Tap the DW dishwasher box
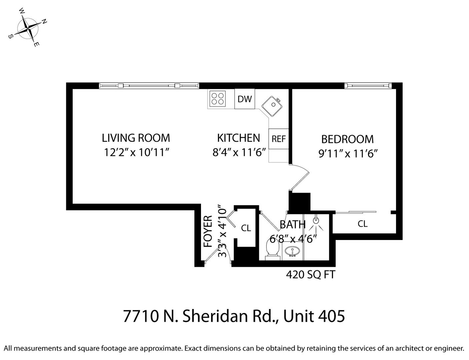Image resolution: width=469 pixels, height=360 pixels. (245, 99)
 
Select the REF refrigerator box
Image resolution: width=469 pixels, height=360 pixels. (278, 139)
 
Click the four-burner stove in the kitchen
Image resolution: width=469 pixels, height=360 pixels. (218, 99)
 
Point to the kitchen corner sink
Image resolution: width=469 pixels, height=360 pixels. (272, 106)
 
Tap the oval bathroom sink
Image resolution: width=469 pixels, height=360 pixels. (292, 251)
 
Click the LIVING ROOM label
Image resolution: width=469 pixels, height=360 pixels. (136, 138)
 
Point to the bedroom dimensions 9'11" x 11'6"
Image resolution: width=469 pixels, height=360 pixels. (348, 154)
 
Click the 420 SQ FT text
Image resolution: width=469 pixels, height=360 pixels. (311, 275)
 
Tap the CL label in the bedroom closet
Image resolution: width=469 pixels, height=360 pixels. (363, 224)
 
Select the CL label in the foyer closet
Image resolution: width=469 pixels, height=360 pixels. (246, 228)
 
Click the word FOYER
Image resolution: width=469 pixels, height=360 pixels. (208, 232)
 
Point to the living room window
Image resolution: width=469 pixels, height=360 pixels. (149, 86)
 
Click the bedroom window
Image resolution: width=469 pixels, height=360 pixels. (368, 86)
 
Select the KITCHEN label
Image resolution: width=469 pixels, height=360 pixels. (238, 138)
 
